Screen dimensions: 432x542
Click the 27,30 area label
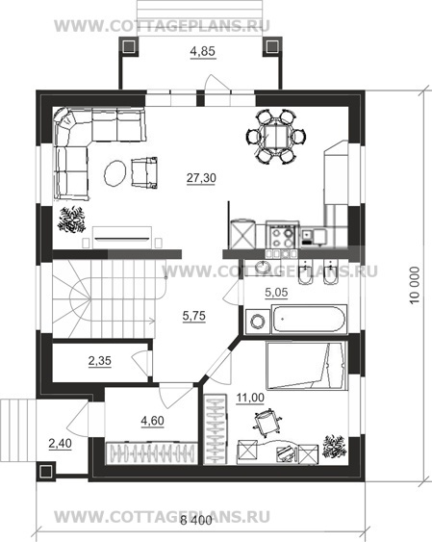click(201, 178)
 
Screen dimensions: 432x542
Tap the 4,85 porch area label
click(203, 51)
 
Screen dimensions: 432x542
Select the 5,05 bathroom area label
click(276, 293)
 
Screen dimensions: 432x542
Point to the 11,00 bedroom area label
click(250, 398)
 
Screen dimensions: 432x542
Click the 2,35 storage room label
click(100, 361)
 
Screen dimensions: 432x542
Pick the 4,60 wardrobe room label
click(152, 421)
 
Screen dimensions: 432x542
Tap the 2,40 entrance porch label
click(60, 443)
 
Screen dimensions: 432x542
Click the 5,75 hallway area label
click(194, 316)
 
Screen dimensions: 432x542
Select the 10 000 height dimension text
click(415, 285)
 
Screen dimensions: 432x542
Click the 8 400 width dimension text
click(196, 520)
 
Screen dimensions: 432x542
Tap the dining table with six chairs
click(276, 137)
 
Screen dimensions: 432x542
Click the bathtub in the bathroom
click(309, 319)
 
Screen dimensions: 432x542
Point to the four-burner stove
click(282, 235)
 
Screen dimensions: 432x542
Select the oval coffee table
click(115, 173)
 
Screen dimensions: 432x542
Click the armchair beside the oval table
click(144, 173)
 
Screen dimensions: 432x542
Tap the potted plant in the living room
click(72, 219)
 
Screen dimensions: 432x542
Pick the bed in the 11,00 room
click(306, 366)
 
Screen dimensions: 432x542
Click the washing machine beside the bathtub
click(258, 322)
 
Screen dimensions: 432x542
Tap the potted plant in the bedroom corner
click(334, 447)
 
